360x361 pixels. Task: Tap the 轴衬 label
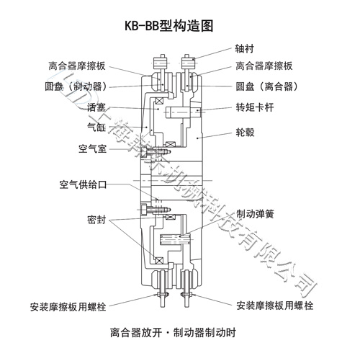click(x=246, y=50)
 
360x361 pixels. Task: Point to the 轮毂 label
click(x=246, y=133)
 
